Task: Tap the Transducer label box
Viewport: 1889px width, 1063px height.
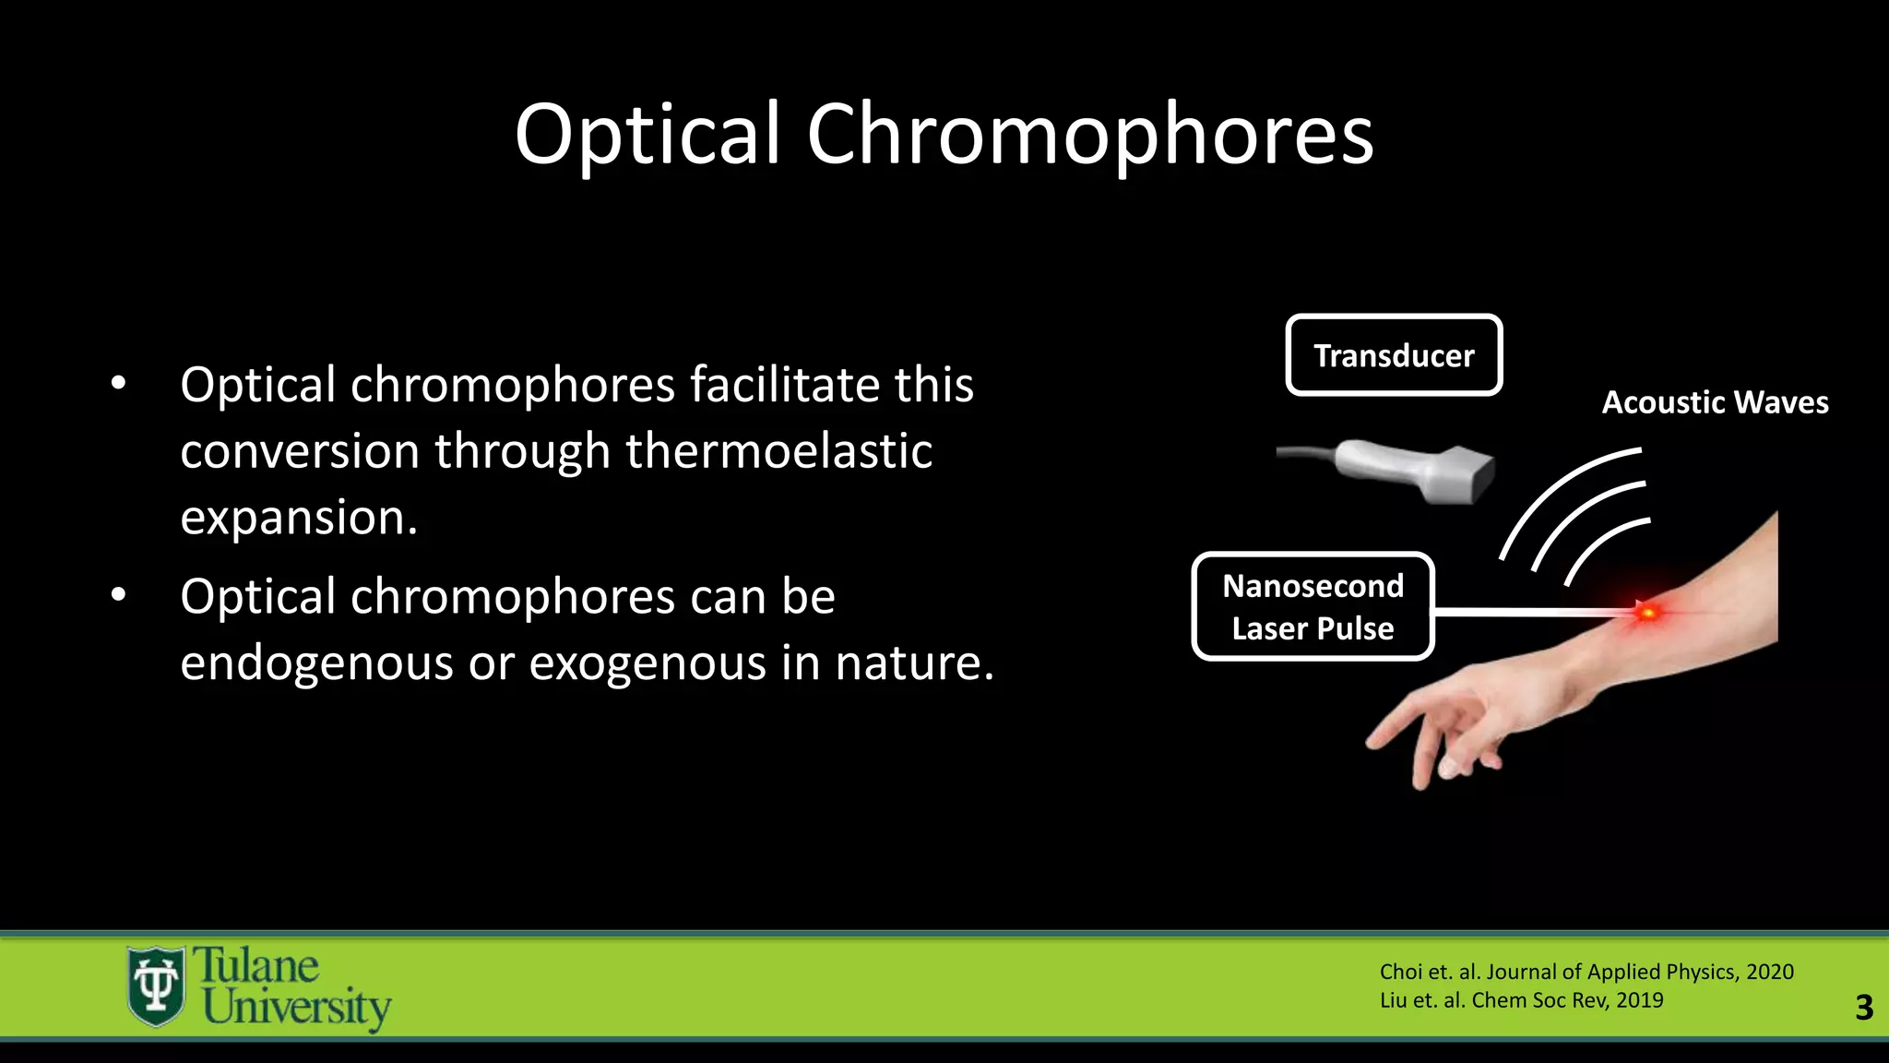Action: [x=1393, y=355]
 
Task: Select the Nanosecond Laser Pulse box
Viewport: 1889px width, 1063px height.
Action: [x=1313, y=606]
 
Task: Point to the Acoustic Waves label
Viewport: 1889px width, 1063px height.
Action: [x=1715, y=402]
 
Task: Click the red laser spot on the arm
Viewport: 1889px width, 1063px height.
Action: [x=1647, y=612]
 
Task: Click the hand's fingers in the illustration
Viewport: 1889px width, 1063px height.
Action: [x=1439, y=738]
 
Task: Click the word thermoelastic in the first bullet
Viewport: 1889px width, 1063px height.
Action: [x=778, y=451]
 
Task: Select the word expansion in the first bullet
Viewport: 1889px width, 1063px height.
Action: [x=298, y=518]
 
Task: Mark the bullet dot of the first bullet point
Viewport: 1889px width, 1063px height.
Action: [x=118, y=384]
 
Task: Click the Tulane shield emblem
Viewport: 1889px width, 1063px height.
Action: [x=155, y=985]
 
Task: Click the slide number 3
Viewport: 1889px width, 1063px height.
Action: [x=1863, y=1007]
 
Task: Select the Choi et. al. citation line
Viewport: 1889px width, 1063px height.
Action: [x=1586, y=972]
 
